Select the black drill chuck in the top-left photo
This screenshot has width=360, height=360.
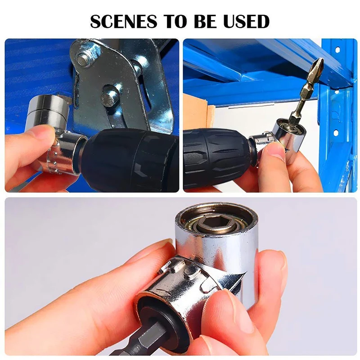130,160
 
